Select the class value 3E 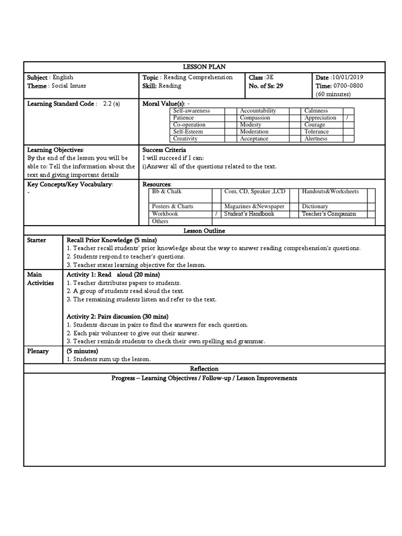click(x=270, y=77)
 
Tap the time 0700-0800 click(x=348, y=86)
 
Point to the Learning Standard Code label click(x=62, y=104)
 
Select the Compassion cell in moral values click(x=255, y=118)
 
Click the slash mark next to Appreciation click(x=347, y=118)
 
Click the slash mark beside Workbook click(x=216, y=214)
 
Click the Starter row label click(x=37, y=240)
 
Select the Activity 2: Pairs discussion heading click(x=117, y=317)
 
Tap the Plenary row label click(x=38, y=351)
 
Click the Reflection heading click(x=204, y=369)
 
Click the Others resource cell click(x=160, y=221)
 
